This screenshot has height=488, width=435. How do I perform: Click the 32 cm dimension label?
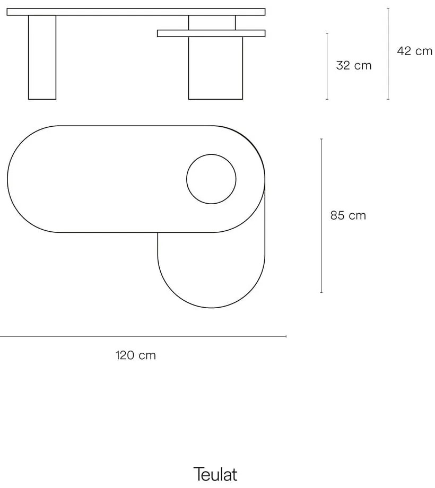pyautogui.click(x=354, y=66)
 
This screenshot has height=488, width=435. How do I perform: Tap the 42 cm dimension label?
pyautogui.click(x=415, y=51)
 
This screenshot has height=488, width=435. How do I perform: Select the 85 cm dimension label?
pyautogui.click(x=348, y=215)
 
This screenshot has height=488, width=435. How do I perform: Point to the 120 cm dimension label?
pyautogui.click(x=136, y=355)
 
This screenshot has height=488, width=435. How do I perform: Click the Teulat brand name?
pyautogui.click(x=215, y=474)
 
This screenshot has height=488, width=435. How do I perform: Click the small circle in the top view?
pyautogui.click(x=211, y=179)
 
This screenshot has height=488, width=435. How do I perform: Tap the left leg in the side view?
pyautogui.click(x=42, y=57)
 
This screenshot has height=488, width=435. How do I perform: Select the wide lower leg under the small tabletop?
pyautogui.click(x=215, y=68)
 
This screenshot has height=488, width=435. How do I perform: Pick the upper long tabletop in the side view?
pyautogui.click(x=136, y=12)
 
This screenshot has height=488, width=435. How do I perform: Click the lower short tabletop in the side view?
pyautogui.click(x=211, y=33)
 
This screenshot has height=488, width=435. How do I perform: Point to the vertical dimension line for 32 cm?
pyautogui.click(x=327, y=66)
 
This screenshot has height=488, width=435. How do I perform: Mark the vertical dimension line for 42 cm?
pyautogui.click(x=388, y=54)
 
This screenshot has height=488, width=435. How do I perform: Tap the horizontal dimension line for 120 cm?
pyautogui.click(x=143, y=336)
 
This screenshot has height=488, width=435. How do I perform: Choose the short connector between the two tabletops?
pyautogui.click(x=212, y=23)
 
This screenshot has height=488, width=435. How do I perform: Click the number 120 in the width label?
pyautogui.click(x=125, y=355)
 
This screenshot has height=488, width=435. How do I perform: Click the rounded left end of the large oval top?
pyautogui.click(x=16, y=179)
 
